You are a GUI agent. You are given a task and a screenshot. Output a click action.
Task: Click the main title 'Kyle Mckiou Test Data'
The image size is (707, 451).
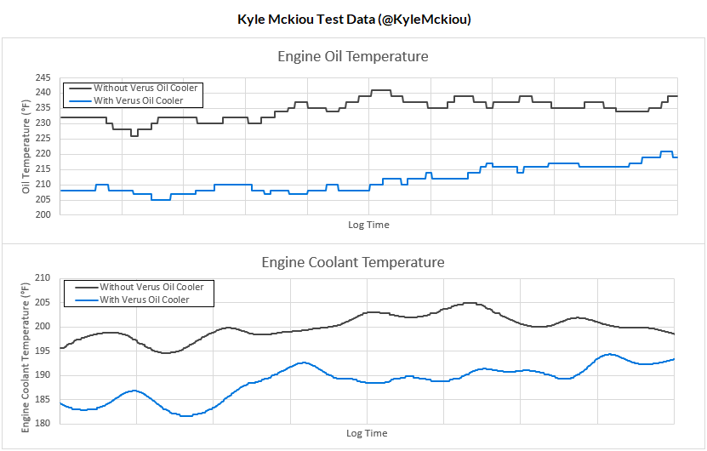(x=353, y=19)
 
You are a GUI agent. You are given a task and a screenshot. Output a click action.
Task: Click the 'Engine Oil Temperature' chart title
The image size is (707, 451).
(x=353, y=57)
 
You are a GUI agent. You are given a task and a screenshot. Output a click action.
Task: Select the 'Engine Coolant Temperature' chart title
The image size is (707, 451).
(x=353, y=262)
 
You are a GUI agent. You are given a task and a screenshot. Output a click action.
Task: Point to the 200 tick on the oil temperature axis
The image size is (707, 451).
(x=43, y=215)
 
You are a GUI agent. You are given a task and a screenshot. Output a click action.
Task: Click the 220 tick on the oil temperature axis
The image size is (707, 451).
(x=43, y=154)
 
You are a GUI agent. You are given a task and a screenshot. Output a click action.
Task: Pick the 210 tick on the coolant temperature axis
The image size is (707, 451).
(x=43, y=278)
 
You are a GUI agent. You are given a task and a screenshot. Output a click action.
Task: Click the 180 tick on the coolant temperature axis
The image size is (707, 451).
(x=43, y=424)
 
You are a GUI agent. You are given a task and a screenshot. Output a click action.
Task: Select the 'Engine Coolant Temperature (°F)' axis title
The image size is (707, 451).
(x=26, y=351)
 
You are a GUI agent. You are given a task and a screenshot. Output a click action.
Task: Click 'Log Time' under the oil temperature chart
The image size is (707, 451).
(x=368, y=225)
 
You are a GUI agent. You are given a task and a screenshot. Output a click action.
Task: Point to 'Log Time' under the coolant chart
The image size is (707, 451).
(x=367, y=434)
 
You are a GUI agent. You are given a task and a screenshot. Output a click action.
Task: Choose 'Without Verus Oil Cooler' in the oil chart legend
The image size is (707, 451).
(x=145, y=88)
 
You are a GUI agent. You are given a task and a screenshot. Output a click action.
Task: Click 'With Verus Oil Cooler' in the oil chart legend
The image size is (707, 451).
(x=138, y=100)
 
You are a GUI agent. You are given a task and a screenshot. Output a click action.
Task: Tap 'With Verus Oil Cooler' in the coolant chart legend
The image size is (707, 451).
(x=144, y=300)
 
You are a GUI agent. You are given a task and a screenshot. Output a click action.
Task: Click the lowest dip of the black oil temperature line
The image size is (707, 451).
(x=134, y=135)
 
